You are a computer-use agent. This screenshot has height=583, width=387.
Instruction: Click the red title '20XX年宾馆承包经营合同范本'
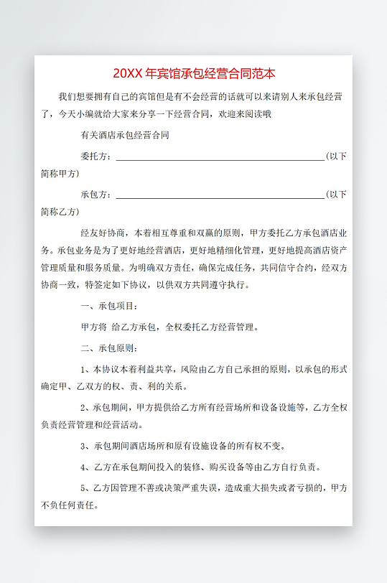pos(193,73)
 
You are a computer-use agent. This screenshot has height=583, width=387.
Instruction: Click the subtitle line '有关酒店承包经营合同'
pos(126,134)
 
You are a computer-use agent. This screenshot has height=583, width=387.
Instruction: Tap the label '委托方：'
pos(97,157)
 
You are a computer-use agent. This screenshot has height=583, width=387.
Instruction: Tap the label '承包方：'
pos(97,194)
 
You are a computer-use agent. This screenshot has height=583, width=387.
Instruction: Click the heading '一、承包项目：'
pos(110,307)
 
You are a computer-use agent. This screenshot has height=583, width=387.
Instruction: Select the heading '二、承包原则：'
pos(110,349)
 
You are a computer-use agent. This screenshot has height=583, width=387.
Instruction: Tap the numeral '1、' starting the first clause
pos(86,369)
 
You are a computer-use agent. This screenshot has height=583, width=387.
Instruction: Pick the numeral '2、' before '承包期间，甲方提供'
pos(86,407)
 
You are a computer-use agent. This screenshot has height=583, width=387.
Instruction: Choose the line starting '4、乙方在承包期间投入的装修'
pos(200,467)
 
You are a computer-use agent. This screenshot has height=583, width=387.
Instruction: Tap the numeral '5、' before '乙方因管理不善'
pos(86,488)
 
